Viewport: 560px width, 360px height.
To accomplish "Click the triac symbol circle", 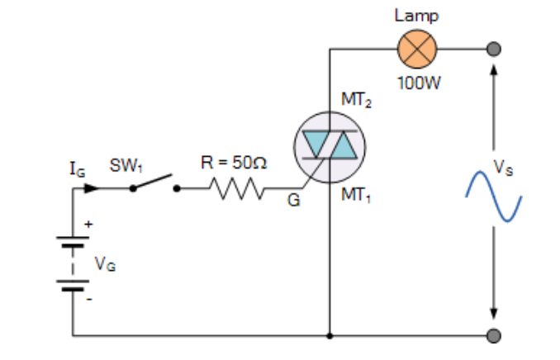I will click(x=330, y=147).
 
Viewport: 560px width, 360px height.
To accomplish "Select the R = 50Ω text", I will click(x=234, y=163).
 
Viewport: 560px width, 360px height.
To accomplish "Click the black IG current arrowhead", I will click(x=92, y=188).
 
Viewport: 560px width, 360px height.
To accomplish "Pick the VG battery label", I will click(x=104, y=264).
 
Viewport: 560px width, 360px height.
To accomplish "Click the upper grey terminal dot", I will click(x=494, y=50).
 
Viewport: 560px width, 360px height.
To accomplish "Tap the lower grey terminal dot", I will click(x=494, y=336).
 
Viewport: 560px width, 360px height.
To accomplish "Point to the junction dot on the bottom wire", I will click(x=330, y=336).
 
